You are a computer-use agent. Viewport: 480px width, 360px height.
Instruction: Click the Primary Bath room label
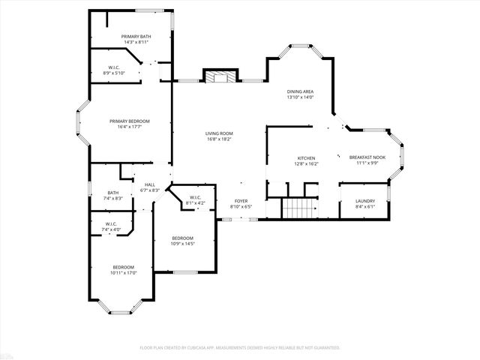click(x=136, y=36)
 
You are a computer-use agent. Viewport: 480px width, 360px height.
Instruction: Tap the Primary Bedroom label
click(x=130, y=121)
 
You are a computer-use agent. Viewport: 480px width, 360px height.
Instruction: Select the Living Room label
click(x=219, y=133)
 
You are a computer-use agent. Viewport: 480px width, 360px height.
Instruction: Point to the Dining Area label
click(x=300, y=91)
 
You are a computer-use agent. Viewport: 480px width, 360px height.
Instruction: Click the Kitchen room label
click(x=306, y=158)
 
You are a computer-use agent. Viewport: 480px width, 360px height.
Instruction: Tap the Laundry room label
click(x=366, y=201)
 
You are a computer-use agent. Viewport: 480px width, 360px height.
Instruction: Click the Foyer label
click(x=241, y=201)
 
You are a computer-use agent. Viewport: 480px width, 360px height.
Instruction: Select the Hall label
click(x=150, y=184)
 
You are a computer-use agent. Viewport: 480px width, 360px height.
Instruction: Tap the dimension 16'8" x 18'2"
click(x=219, y=139)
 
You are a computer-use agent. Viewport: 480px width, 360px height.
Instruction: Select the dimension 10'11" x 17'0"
click(x=124, y=274)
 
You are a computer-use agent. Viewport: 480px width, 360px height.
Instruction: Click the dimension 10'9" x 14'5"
click(x=183, y=243)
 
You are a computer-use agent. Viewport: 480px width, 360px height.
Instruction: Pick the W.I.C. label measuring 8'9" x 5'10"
click(x=114, y=73)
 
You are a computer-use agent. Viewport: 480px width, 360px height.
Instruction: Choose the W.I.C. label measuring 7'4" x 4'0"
click(x=110, y=229)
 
